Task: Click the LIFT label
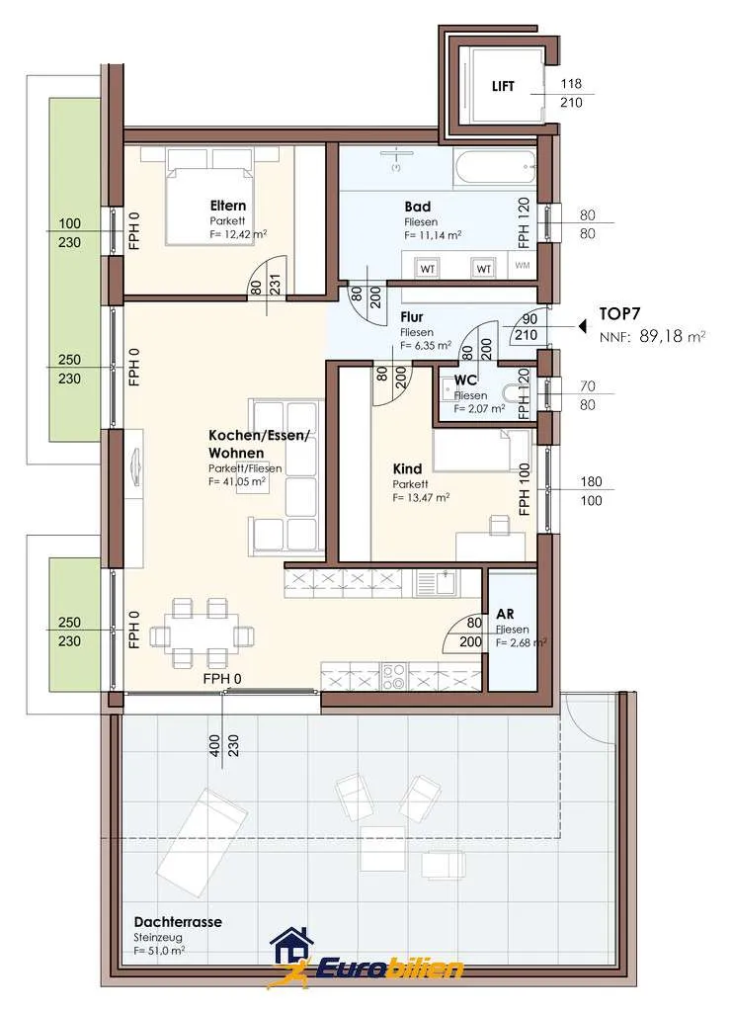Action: coord(503,86)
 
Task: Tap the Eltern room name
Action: coord(227,206)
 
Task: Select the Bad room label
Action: coord(417,207)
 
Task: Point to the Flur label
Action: coord(412,317)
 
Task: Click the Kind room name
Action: coord(407,468)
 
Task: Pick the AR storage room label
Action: coord(505,615)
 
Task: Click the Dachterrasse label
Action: coord(178,922)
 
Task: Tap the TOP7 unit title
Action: coord(619,314)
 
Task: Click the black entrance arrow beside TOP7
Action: coord(583,326)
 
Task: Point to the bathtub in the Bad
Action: coord(495,167)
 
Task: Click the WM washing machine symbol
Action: coord(523,265)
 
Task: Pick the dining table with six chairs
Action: coord(202,633)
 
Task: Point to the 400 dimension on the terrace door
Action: coord(215,745)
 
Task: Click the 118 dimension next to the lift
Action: coord(571,83)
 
